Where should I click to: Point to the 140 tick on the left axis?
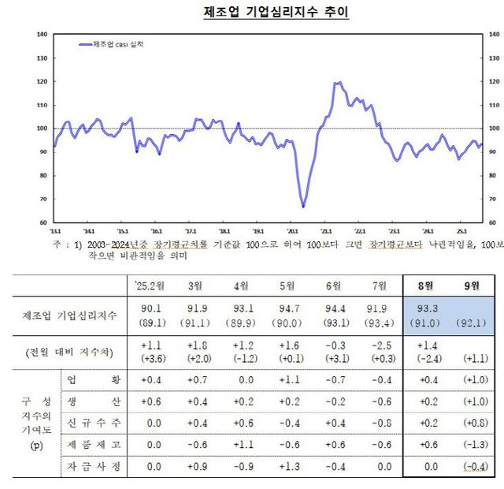coord(43,35)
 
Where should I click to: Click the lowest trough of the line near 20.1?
coord(303,207)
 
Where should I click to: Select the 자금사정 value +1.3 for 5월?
coord(287,467)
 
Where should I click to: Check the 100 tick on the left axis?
coord(43,129)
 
